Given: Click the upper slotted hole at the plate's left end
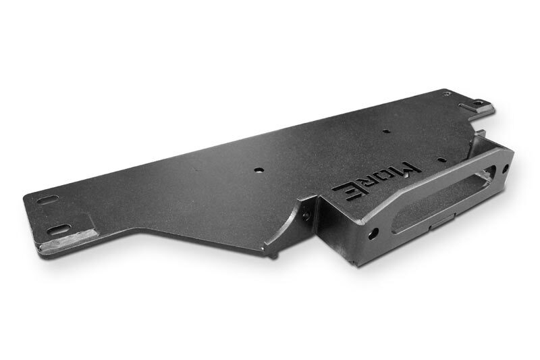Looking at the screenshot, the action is pos(48,200).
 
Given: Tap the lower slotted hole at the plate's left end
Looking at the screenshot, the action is pos(59,230).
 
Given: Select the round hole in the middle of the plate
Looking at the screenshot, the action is pos(258,170).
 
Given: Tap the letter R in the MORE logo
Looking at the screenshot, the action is pos(369,182).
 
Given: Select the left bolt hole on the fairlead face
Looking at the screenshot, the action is pos(373,234).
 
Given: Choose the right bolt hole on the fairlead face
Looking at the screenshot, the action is pos(506,169).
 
